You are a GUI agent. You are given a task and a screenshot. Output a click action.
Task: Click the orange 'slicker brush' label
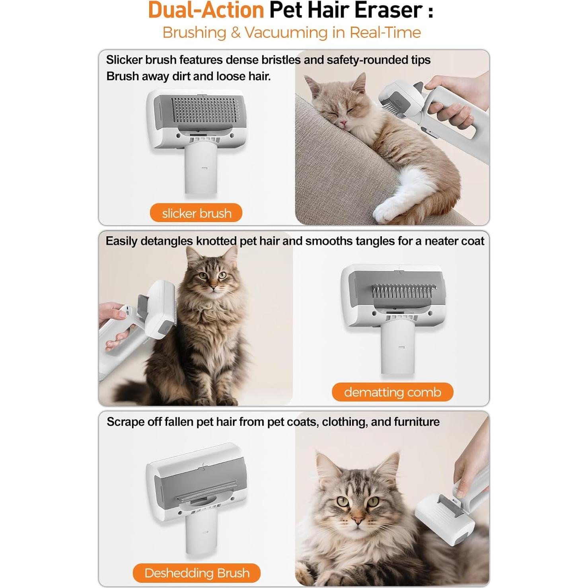pos(196,213)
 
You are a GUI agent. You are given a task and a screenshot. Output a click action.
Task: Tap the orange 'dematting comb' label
pos(392,392)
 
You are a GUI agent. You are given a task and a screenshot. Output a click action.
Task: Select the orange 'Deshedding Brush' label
pos(197,573)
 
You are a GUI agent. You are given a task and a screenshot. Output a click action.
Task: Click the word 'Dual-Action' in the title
pos(206,10)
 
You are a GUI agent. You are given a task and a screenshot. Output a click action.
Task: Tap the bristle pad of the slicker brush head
pos(205,110)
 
